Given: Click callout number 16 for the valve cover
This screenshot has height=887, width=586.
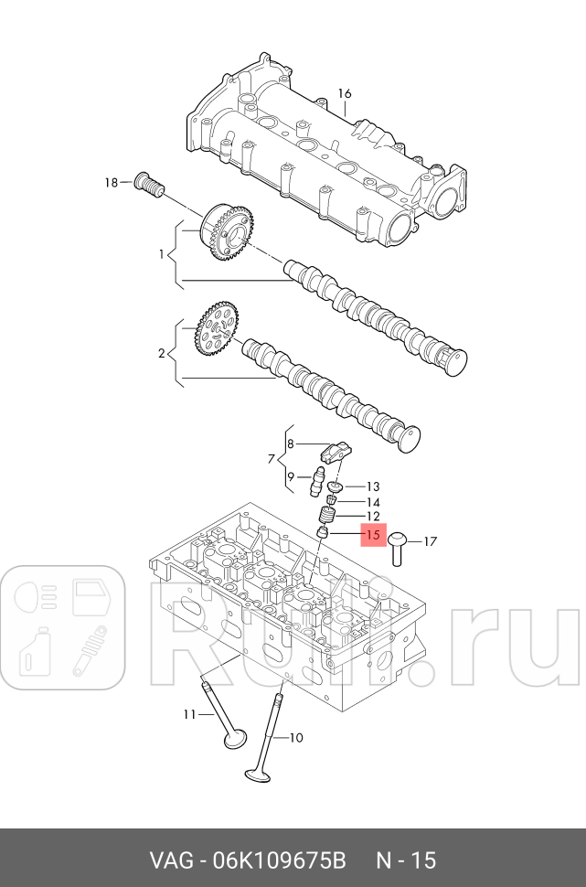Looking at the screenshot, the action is click(345, 93).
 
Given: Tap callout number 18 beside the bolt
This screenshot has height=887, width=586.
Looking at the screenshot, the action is click(112, 184).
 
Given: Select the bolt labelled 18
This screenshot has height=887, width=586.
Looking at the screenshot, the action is click(148, 185).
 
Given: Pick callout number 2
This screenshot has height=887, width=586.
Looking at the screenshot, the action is click(162, 353).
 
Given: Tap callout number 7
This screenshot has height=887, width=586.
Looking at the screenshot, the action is click(272, 456).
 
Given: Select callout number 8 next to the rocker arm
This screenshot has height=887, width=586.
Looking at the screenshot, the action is click(291, 444).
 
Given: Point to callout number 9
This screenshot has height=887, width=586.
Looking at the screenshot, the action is click(291, 476).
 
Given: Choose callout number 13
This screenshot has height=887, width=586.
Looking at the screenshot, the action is click(373, 486).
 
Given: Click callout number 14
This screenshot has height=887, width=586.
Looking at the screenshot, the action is click(373, 502).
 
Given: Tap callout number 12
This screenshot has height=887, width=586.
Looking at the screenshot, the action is click(373, 518).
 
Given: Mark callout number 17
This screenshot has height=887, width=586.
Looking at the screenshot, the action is click(431, 541).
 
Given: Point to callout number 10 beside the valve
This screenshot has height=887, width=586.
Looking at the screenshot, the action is click(294, 737).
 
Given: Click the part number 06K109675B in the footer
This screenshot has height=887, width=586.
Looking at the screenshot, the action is click(279, 860).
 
